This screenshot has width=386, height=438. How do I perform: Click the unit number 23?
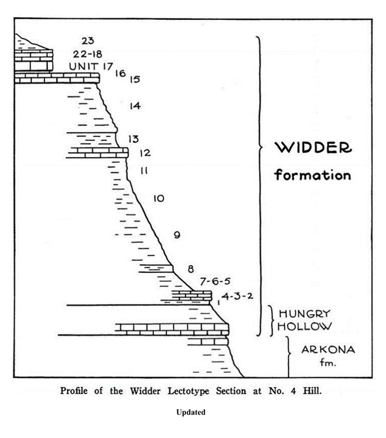88,41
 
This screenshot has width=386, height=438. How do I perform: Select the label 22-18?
88,54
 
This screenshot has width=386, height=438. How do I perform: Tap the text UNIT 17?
91,66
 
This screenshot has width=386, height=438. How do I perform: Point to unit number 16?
120,73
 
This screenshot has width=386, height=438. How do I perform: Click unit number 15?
134,79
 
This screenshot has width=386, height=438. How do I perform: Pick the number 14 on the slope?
135,106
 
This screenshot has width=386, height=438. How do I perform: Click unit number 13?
133,139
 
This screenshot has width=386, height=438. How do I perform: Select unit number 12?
145,153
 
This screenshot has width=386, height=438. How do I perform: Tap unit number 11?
144,171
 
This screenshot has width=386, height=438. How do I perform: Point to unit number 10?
159,198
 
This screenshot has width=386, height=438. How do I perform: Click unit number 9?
177,235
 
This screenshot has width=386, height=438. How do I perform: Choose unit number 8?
191,269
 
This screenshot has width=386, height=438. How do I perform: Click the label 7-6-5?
215,281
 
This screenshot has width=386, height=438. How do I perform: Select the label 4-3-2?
237,296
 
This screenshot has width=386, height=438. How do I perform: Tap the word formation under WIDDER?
313,175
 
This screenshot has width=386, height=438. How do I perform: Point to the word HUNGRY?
304,314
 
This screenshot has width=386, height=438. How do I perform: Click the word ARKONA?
328,350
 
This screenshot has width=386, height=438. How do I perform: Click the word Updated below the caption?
191,412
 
